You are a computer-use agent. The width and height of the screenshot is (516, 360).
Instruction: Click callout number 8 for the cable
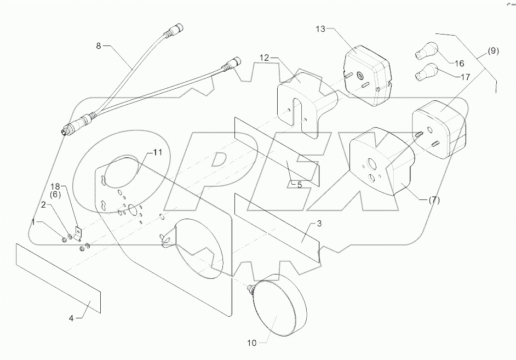tap(99, 45)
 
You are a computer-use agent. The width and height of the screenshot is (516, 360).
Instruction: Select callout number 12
tap(264, 57)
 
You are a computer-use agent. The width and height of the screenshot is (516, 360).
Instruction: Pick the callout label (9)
tap(492, 52)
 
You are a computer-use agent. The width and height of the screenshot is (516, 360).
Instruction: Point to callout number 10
tap(251, 344)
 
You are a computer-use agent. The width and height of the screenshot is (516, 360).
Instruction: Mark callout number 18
tap(55, 187)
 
